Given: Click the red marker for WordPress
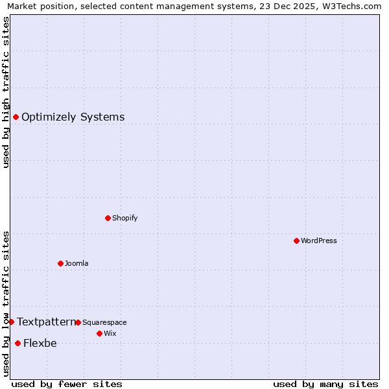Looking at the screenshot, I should [296, 241].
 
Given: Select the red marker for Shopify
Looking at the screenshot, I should [108, 218].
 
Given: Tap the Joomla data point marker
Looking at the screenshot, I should [60, 263].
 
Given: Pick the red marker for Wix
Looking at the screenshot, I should [99, 333].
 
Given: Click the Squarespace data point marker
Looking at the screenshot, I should [78, 322].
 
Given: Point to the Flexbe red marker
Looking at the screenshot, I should [18, 343].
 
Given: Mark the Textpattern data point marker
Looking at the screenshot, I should [11, 322].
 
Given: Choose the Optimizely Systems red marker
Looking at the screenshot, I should [16, 117].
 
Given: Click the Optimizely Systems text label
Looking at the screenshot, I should [73, 117].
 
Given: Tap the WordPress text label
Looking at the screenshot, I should [319, 241].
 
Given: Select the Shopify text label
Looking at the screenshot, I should [124, 218].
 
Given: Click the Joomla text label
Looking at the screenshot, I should [77, 263].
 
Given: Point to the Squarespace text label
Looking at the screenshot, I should [104, 322].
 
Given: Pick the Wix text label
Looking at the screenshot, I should [110, 333].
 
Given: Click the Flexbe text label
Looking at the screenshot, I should [40, 344].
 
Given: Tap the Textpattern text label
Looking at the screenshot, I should [46, 322].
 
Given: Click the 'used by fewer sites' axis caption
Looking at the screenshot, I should [67, 384].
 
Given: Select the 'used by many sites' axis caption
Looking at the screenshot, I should [325, 384].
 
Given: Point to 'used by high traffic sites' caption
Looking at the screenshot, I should [6, 92].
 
